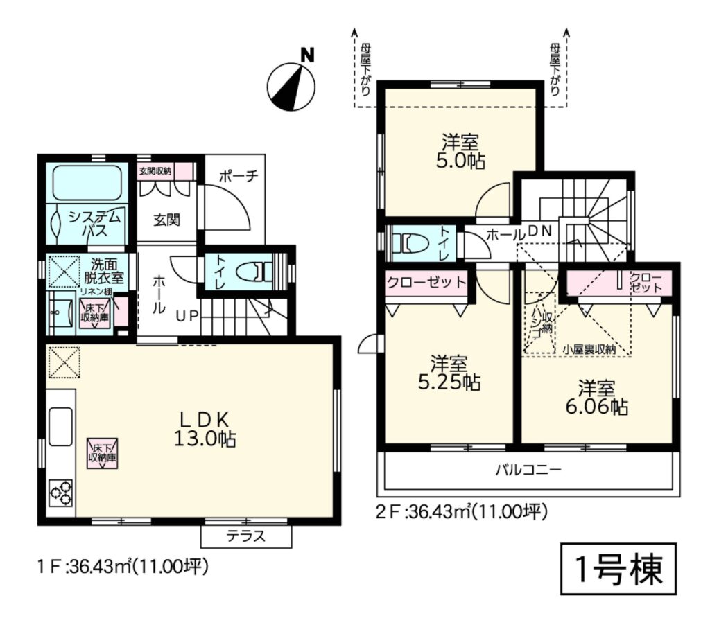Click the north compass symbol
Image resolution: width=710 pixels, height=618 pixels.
[291, 84]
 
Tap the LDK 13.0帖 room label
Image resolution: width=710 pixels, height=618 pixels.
[205, 430]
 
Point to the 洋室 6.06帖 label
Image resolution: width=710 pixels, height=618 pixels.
[596, 398]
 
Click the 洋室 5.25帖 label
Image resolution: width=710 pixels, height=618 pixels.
[449, 373]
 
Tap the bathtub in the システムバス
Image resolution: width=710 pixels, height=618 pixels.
[87, 182]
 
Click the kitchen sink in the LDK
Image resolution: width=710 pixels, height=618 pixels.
[61, 426]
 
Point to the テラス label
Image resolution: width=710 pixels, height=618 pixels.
[246, 536]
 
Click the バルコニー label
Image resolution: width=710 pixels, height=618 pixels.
[528, 470]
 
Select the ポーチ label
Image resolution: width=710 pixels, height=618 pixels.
[239, 176]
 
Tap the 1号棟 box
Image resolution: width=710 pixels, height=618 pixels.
[618, 569]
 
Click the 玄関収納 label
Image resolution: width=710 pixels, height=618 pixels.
[155, 171]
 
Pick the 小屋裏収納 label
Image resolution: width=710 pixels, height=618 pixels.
[589, 349]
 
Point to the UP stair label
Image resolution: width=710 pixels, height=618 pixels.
[187, 317]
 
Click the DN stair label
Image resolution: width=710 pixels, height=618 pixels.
[540, 231]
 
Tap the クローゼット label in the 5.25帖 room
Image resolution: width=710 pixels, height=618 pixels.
[426, 282]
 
